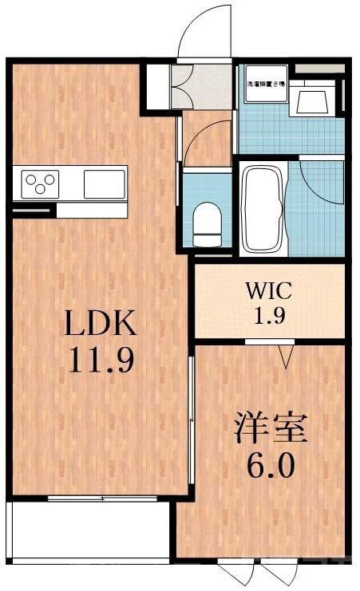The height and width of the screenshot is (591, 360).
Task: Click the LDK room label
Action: point(101,325)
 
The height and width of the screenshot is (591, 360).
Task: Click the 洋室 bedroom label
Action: point(270,428)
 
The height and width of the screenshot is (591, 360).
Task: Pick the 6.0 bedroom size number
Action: point(270,464)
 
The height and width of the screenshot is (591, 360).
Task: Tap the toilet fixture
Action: point(206,223)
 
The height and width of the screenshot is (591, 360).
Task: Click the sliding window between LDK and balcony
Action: point(102,498)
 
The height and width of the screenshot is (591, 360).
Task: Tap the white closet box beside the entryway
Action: point(156,86)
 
